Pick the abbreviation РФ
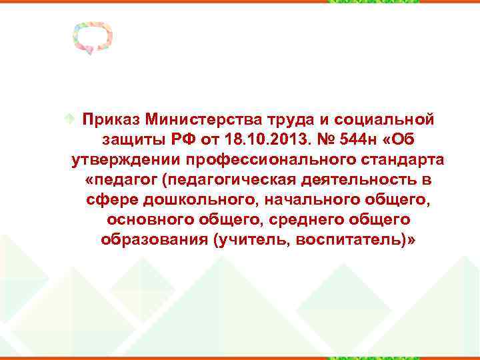(185, 139)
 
